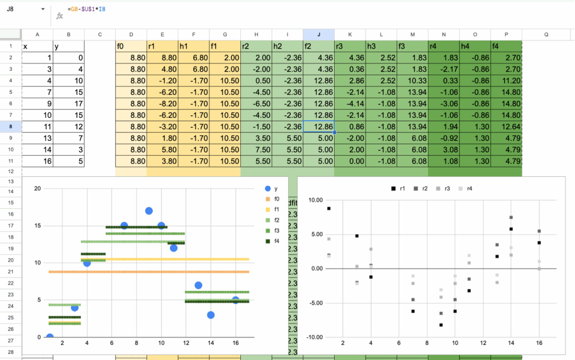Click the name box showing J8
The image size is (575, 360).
point(22,10)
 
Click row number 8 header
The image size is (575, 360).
point(11,127)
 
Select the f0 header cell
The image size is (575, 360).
point(131,47)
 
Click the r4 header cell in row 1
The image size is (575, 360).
point(443,47)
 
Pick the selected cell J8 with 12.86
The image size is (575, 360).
point(318,127)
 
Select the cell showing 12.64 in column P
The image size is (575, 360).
point(506,127)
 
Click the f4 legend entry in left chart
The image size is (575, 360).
point(273,241)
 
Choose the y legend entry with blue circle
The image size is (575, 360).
point(272,189)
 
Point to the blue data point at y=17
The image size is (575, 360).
point(149,211)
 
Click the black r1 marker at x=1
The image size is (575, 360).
point(328,208)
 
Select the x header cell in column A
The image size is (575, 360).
point(37,47)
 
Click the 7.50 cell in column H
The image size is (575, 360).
point(255,150)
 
